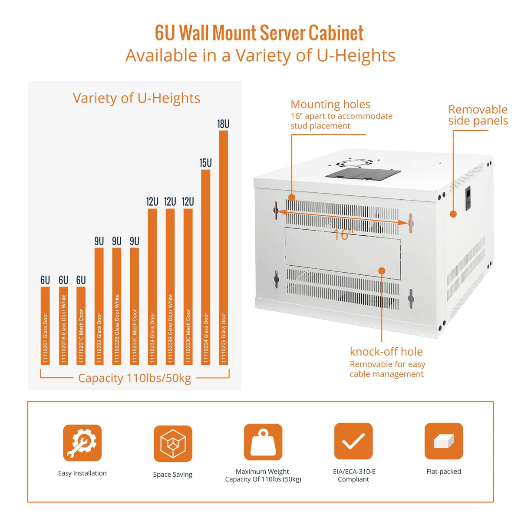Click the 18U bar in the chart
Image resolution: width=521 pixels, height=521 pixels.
(x=223, y=247)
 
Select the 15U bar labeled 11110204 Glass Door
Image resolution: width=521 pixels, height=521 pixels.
(x=205, y=267)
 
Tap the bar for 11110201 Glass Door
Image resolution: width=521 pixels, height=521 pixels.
(x=45, y=326)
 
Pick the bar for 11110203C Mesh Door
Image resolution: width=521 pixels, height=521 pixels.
(x=188, y=287)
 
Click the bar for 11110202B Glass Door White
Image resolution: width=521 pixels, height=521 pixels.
(x=116, y=306)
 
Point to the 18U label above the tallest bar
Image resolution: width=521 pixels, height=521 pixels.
(x=223, y=124)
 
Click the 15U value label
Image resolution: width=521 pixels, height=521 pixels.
(x=205, y=163)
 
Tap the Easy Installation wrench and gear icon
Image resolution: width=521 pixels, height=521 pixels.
(x=82, y=442)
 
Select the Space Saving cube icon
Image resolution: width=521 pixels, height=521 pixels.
(x=173, y=444)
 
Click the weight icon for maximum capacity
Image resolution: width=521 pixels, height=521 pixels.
(x=263, y=442)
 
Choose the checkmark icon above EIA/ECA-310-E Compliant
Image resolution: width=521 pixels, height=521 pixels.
(x=353, y=441)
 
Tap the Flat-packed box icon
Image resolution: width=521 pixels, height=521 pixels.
(x=444, y=441)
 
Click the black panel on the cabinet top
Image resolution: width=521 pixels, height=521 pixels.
(x=363, y=173)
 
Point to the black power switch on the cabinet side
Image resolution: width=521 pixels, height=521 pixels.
(x=468, y=199)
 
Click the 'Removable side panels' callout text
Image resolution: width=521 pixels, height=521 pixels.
(x=478, y=115)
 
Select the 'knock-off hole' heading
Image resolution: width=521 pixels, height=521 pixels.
(x=386, y=351)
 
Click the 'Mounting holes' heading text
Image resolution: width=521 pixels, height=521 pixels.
(x=330, y=104)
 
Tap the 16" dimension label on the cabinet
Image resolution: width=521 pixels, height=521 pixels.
(x=343, y=234)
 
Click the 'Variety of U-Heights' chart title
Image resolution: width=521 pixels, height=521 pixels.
(x=136, y=98)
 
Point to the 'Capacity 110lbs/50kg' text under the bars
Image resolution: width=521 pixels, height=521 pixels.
(x=134, y=378)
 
